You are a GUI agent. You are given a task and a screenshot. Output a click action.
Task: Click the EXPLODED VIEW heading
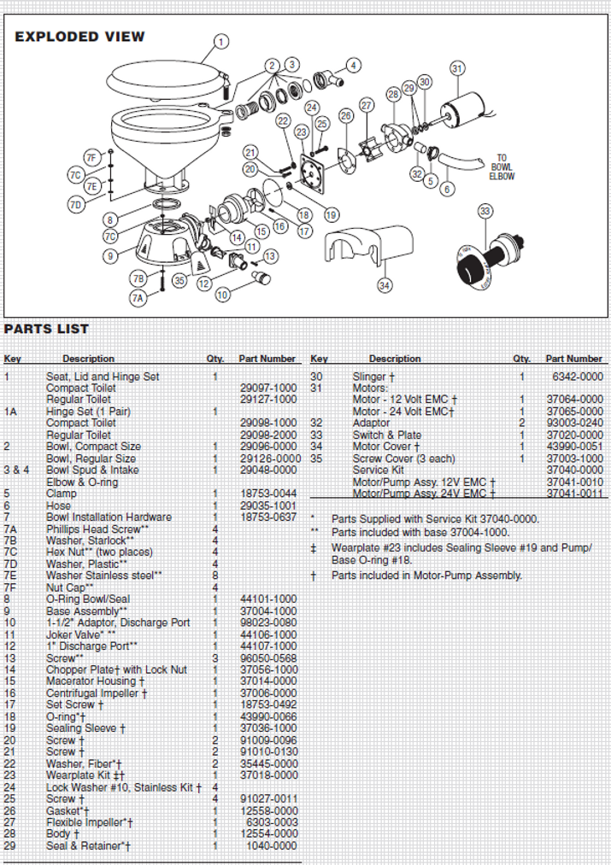[x=79, y=37]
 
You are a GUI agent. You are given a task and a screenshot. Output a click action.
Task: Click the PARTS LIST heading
[x=47, y=329]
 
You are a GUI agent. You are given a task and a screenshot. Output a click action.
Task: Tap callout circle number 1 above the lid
[x=220, y=41]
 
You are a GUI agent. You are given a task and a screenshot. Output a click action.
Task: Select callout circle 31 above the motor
[x=457, y=68]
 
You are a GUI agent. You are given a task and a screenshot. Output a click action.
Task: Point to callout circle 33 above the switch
[x=484, y=210]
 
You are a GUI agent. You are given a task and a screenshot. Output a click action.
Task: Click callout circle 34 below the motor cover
[x=385, y=284]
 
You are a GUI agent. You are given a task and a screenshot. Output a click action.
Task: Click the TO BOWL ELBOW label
[x=502, y=167]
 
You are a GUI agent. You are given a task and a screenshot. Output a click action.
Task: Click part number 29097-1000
[x=268, y=388]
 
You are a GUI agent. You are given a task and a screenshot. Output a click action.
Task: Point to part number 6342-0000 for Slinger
[x=579, y=377]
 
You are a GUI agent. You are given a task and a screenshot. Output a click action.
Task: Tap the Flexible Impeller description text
[x=89, y=821]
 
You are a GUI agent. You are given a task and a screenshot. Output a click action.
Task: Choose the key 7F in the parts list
[x=10, y=587]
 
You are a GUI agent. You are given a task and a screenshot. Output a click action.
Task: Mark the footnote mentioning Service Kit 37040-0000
[x=435, y=518]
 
